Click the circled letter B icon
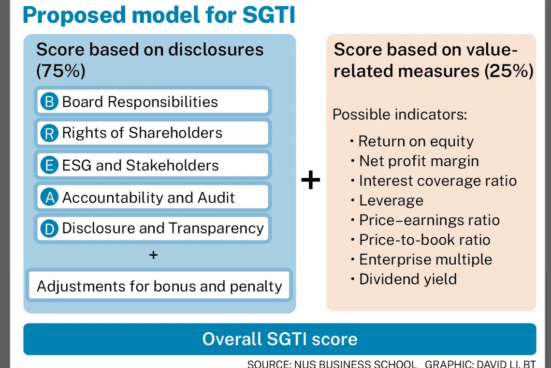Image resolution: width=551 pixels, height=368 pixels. tap(49, 101)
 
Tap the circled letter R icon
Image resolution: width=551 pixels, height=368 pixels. tap(49, 133)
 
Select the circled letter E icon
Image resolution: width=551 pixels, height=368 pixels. tap(49, 165)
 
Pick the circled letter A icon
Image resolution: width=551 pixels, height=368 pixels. tap(49, 197)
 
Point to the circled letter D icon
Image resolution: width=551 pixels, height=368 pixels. tap(49, 229)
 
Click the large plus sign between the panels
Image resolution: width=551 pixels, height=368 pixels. tap(311, 180)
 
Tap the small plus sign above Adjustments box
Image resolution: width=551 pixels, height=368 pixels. tap(153, 255)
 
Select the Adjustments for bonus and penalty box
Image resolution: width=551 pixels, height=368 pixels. tap(159, 286)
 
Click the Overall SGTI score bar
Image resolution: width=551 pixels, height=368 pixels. tap(280, 339)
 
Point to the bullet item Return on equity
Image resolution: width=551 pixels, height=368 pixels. tap(412, 141)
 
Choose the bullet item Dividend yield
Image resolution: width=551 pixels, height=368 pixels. tap(404, 279)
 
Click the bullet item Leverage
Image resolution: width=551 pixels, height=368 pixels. tap(387, 201)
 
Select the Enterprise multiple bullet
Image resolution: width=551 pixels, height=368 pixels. tap(421, 260)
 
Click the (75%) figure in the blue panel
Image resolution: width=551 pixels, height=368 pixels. tap(61, 71)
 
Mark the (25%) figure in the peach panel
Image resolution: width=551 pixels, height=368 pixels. tap(509, 71)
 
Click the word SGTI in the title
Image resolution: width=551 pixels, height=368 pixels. tap(269, 15)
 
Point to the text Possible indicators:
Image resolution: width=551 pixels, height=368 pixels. tap(400, 114)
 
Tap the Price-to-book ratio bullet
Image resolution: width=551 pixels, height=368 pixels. tap(420, 240)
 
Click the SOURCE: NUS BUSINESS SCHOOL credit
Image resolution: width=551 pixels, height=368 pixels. tap(332, 364)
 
